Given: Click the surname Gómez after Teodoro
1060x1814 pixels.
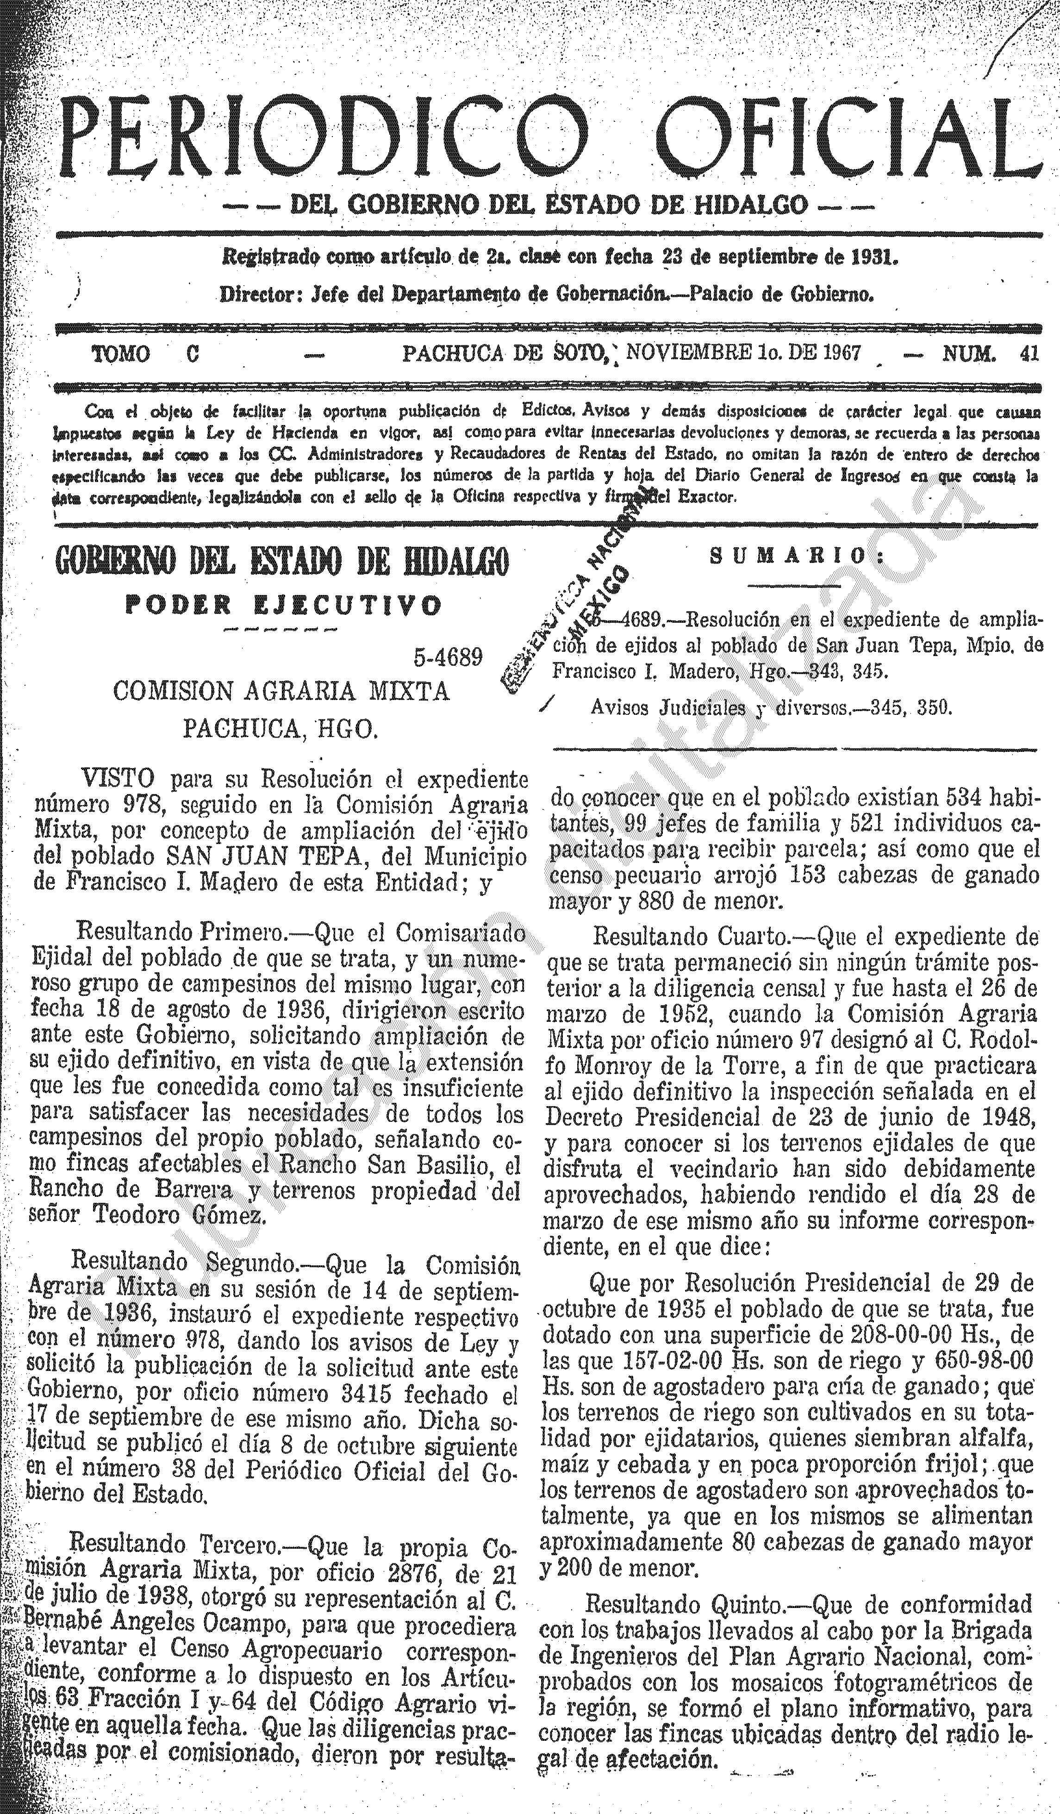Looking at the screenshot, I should (x=230, y=1214).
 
